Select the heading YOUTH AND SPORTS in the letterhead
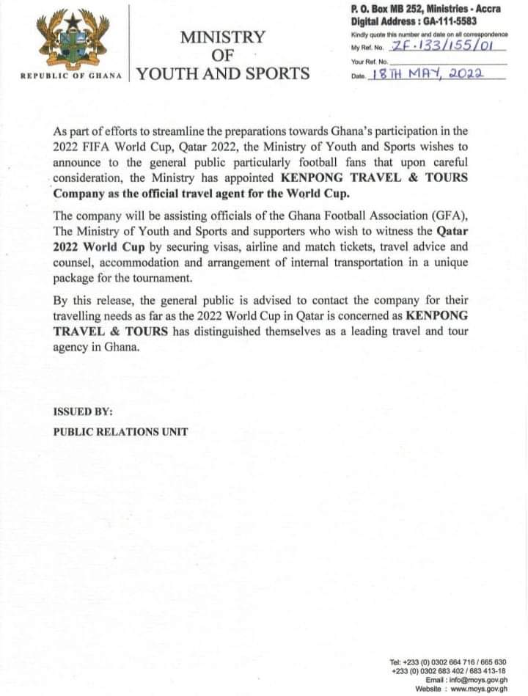[x=223, y=73]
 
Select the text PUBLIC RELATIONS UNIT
[x=120, y=431]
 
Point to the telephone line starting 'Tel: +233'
[x=449, y=662]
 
